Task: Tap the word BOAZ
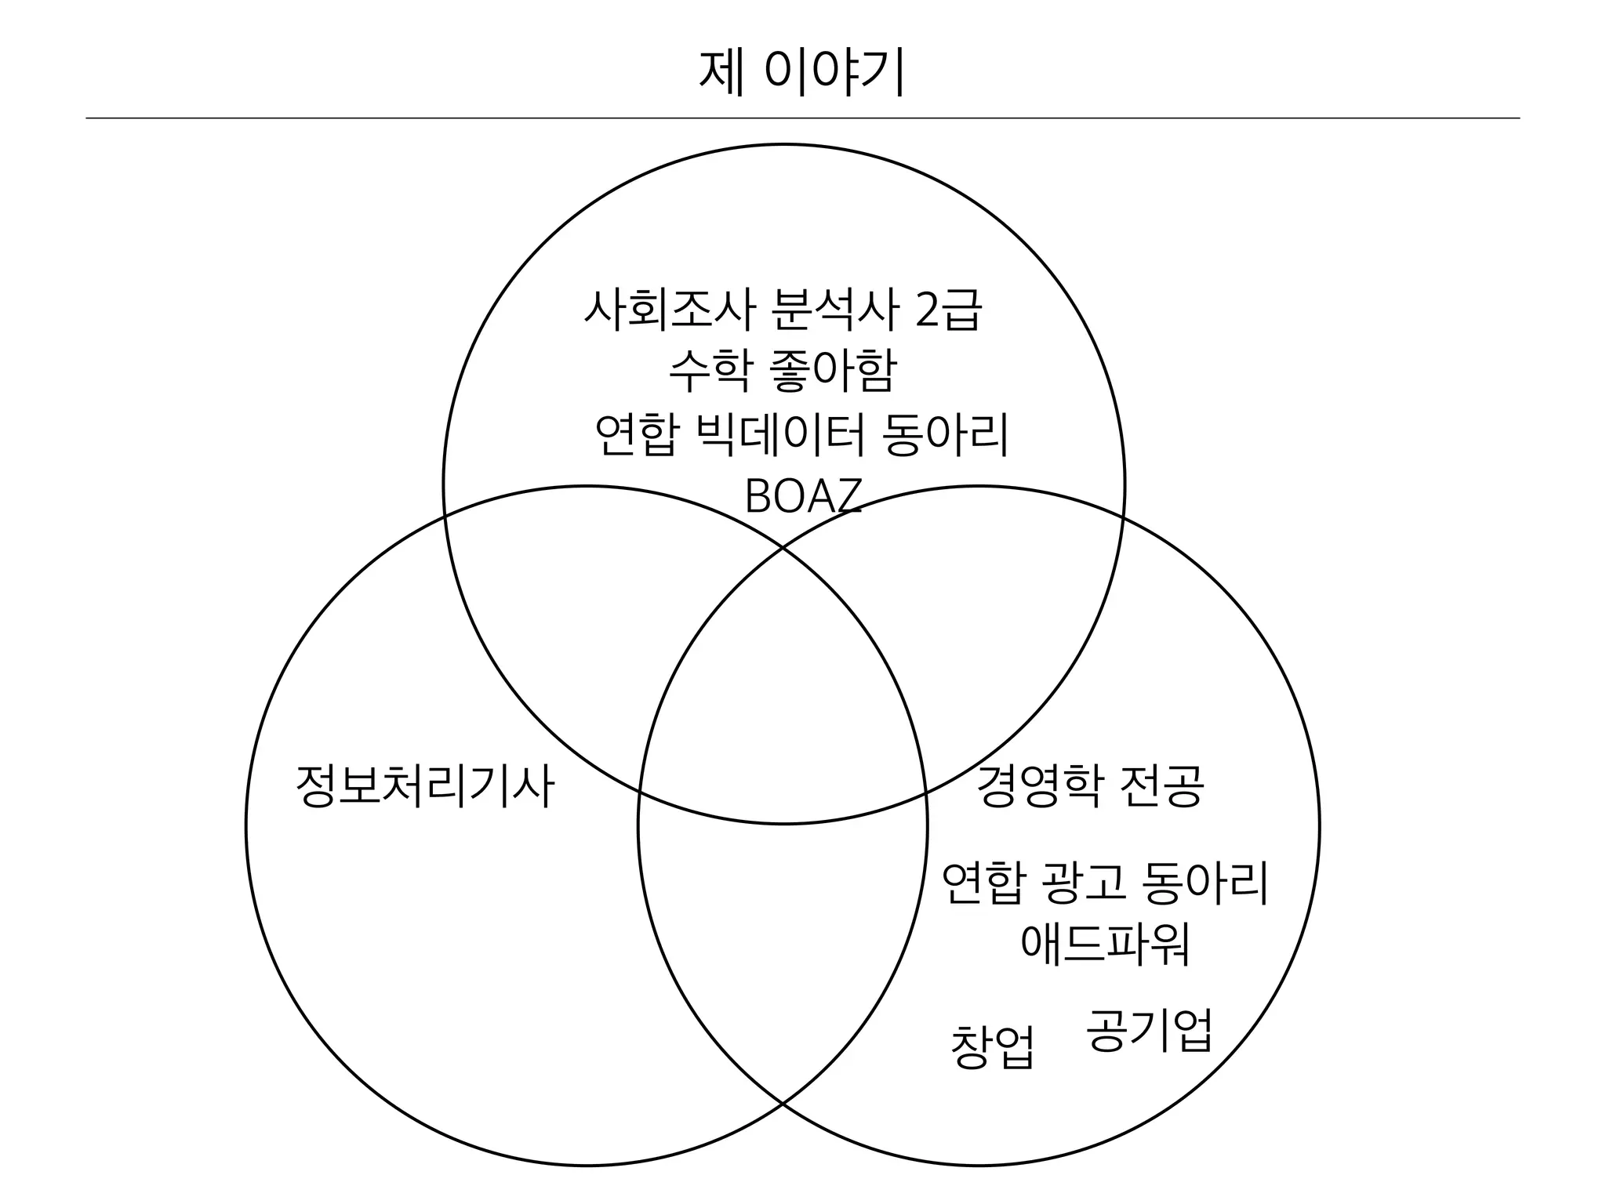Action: click(802, 495)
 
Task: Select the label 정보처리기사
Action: click(425, 786)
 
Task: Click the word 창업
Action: click(992, 1046)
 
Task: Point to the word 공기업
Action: click(1150, 1031)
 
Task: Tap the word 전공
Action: click(1161, 786)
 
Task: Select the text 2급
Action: click(948, 310)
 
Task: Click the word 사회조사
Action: click(668, 310)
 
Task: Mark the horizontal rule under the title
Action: click(802, 118)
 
